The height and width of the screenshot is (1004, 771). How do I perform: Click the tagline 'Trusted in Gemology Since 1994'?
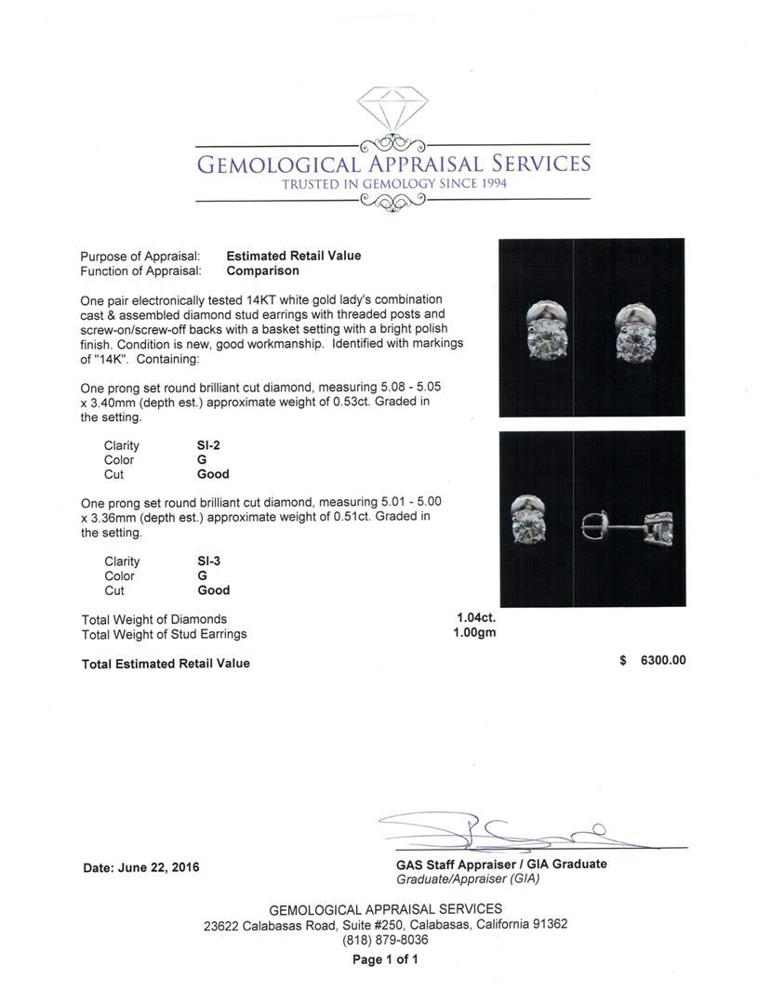point(393,184)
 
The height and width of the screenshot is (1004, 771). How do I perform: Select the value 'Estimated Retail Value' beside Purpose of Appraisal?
point(294,256)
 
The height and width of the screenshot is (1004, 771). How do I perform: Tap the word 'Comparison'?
point(263,271)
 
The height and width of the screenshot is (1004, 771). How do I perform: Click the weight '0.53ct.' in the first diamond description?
point(360,402)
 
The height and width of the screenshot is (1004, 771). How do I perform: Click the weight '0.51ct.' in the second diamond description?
point(360,517)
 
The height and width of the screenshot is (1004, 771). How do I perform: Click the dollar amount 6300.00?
point(663,660)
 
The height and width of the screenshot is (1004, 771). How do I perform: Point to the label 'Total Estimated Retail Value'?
point(166,663)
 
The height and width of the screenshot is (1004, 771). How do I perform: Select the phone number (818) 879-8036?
point(385,940)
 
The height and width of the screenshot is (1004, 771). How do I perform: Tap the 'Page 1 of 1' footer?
point(385,959)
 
